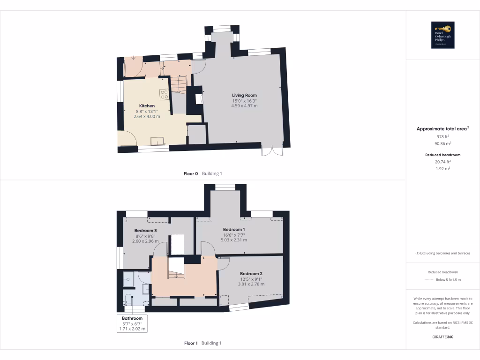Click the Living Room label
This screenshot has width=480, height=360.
(x=244, y=96)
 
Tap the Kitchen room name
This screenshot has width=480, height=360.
(x=147, y=106)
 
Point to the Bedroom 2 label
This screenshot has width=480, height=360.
(x=251, y=274)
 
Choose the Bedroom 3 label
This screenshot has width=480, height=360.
(x=145, y=231)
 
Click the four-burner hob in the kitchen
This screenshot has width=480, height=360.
(x=164, y=95)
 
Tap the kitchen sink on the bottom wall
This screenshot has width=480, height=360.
(x=157, y=141)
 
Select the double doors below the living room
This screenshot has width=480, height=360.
(x=272, y=150)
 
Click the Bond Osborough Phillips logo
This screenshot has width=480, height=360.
(x=442, y=35)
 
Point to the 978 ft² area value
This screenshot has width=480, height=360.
(x=442, y=136)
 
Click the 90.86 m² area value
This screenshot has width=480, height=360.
(x=442, y=143)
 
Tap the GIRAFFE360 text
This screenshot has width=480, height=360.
(x=442, y=337)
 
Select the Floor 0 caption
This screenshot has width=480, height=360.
(x=191, y=173)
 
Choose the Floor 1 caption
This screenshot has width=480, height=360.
(x=191, y=343)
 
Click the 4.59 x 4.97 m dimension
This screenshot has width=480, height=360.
(x=244, y=106)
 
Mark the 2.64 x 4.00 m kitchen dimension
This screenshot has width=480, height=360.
(x=147, y=116)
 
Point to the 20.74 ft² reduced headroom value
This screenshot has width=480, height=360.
(x=442, y=162)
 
